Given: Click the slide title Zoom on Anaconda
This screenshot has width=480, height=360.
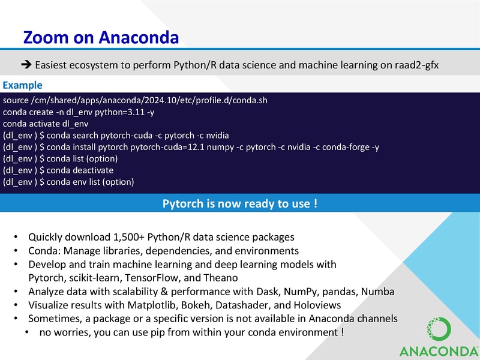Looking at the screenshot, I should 100,38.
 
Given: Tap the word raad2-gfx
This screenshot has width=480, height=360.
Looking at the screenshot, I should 417,65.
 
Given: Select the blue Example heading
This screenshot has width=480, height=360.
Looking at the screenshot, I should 22,85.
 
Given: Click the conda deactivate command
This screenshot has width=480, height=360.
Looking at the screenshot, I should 88,170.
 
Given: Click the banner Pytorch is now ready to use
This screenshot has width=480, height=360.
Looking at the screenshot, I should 239,204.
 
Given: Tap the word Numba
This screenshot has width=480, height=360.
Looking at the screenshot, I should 379,292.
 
